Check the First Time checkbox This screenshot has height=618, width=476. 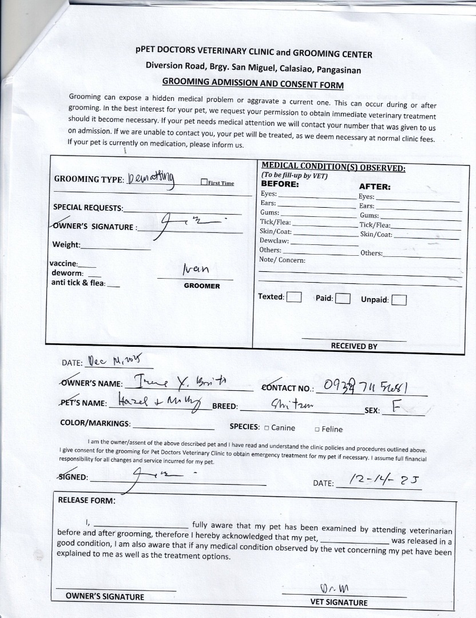pos(204,183)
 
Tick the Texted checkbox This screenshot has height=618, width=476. pos(294,297)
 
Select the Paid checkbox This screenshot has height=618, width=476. pos(343,299)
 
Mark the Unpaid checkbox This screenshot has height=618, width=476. pos(399,300)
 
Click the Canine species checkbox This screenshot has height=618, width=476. pos(266,428)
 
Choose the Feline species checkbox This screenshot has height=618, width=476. pos(317,429)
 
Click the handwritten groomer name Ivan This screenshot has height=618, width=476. pos(196,270)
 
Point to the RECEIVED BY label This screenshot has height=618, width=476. pos(354,346)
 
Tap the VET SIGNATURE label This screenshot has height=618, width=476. pos(339,602)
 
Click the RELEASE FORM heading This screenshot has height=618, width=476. pos(86,500)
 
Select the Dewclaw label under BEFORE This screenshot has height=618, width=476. pos(274,241)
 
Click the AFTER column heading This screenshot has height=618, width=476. pos(375,187)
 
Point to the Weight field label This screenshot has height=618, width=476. pos(66,245)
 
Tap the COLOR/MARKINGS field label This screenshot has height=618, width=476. pos(95,423)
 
